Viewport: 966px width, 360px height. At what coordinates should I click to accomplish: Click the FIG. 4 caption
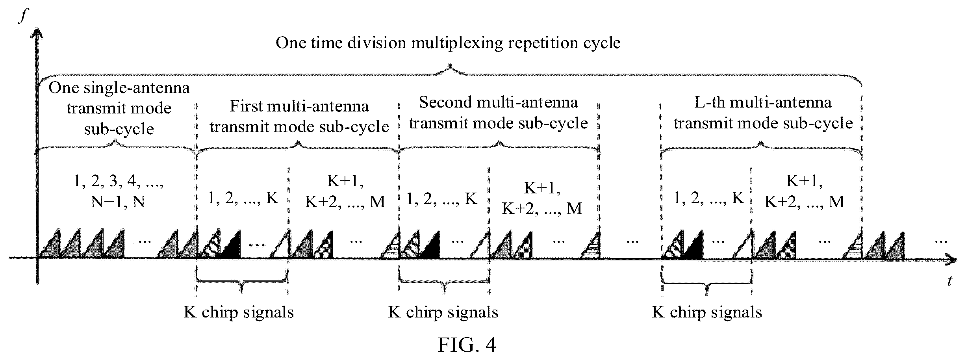point(467,345)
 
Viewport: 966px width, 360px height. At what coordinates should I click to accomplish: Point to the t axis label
point(949,280)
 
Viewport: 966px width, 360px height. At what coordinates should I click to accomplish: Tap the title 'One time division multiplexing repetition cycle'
point(448,43)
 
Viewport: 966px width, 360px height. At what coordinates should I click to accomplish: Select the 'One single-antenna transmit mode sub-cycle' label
point(119,108)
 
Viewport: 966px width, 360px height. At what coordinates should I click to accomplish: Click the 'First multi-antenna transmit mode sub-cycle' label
point(299,116)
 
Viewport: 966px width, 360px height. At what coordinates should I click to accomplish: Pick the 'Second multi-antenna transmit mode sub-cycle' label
point(499,113)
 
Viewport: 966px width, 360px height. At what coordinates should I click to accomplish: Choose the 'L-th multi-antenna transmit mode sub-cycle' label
point(763,113)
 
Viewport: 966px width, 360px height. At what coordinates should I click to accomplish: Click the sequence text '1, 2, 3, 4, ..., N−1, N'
point(118,191)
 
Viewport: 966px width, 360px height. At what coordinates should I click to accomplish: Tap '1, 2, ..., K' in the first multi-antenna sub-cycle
point(243,198)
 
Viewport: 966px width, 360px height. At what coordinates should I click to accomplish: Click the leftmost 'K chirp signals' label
point(239,312)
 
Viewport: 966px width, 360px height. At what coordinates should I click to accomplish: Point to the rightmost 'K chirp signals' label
point(707,312)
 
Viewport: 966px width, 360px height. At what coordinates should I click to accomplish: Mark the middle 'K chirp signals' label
point(443,312)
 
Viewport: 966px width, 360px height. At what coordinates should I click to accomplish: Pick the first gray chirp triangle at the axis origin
point(49,244)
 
